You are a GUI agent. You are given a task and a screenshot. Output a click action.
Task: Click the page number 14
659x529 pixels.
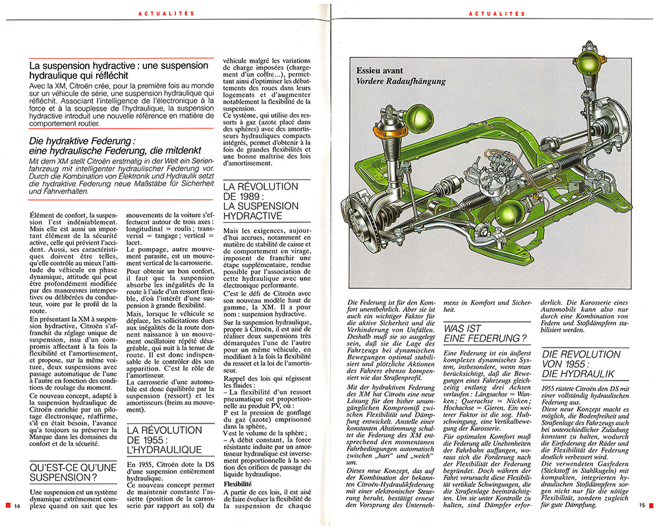(x=18, y=505)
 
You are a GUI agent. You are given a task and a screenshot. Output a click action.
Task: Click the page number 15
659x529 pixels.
(x=641, y=505)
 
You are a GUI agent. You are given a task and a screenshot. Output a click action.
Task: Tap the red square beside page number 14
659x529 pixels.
(x=6, y=505)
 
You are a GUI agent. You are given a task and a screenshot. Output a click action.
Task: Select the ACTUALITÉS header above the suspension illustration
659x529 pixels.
(x=497, y=13)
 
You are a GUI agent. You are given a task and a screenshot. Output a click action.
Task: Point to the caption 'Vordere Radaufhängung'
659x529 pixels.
(x=401, y=81)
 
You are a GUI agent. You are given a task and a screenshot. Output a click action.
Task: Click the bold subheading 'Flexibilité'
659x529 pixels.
(x=239, y=483)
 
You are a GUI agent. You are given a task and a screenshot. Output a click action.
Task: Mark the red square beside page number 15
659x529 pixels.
(x=652, y=505)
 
